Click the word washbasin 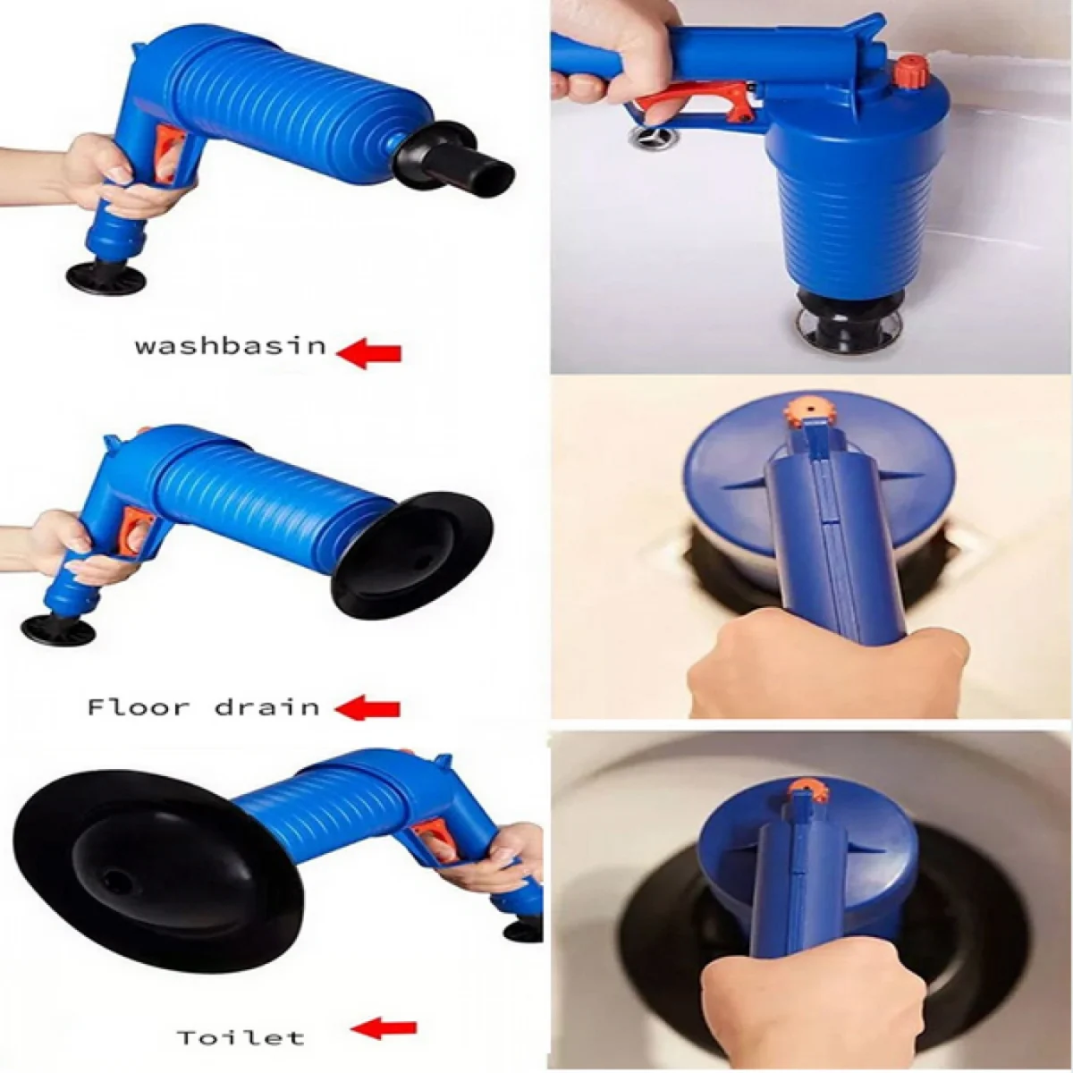[x=231, y=346]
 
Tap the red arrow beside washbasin [x=369, y=353]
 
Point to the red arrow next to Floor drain [x=368, y=708]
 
